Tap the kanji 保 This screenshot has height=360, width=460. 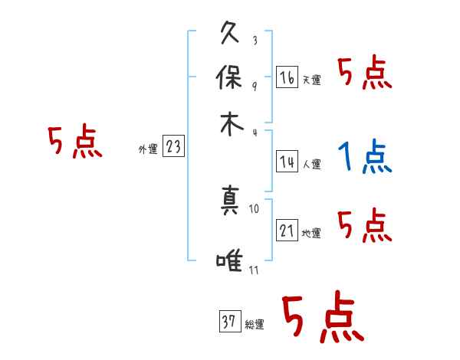point(231,79)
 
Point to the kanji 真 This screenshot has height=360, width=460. point(231,204)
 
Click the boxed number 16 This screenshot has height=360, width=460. point(287,77)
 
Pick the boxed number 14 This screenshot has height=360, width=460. point(287,162)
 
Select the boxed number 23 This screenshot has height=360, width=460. point(173,148)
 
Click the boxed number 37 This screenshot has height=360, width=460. point(228,322)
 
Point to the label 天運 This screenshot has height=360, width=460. point(311,80)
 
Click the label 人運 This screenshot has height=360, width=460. point(311,164)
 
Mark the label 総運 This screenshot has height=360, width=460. point(254,325)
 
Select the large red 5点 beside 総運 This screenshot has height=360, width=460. point(321,318)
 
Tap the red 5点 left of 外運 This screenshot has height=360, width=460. point(74,143)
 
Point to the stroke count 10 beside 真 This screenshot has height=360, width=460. point(255,208)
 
